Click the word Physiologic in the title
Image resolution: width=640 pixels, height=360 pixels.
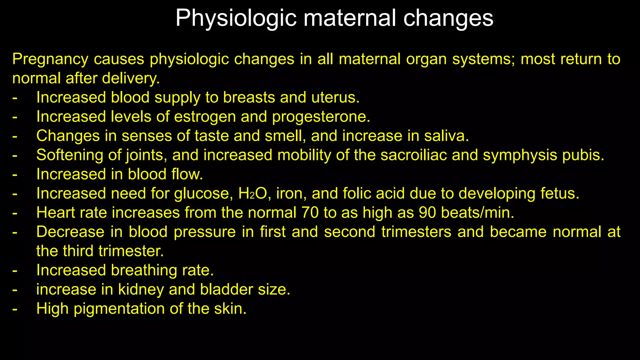pyautogui.click(x=236, y=18)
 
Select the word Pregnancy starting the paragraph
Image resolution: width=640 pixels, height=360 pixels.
pyautogui.click(x=50, y=59)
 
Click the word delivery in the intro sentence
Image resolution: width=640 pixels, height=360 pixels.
pyautogui.click(x=131, y=78)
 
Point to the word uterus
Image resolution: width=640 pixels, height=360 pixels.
pyautogui.click(x=335, y=97)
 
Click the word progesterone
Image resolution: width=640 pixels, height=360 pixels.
pyautogui.click(x=321, y=117)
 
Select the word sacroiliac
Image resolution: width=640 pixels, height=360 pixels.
pyautogui.click(x=413, y=155)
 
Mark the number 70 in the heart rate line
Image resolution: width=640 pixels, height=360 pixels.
pyautogui.click(x=310, y=213)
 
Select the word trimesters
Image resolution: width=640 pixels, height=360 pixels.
pyautogui.click(x=416, y=232)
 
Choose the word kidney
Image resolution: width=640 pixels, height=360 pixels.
pyautogui.click(x=141, y=290)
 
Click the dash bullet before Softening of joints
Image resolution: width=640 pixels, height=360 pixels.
pyautogui.click(x=15, y=155)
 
